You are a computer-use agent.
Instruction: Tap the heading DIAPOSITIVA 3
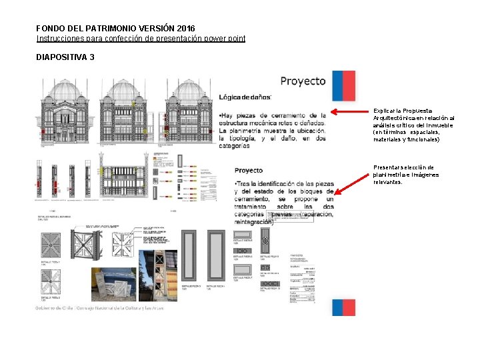pyautogui.click(x=65, y=57)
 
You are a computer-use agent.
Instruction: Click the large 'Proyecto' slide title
pyautogui.click(x=303, y=81)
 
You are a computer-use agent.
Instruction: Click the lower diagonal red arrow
pyautogui.click(x=353, y=181)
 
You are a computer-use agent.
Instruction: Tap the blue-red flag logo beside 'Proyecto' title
pyautogui.click(x=343, y=87)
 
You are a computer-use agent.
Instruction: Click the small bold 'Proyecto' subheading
pyautogui.click(x=249, y=171)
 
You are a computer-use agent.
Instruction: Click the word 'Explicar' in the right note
pyautogui.click(x=384, y=110)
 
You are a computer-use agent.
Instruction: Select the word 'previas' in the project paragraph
pyautogui.click(x=282, y=215)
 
